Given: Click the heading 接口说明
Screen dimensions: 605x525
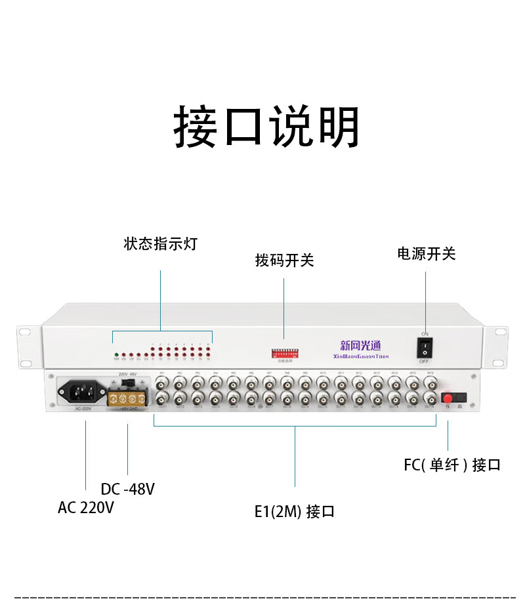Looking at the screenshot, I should (x=266, y=127).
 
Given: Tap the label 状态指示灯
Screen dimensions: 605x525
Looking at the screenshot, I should (x=160, y=244).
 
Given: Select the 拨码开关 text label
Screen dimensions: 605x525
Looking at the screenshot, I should (x=284, y=261).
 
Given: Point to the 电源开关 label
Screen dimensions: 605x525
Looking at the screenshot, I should (x=426, y=254).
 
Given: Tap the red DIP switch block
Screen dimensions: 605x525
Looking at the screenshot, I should (x=284, y=353).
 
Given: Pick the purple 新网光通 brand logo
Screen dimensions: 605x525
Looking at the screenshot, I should (x=360, y=344).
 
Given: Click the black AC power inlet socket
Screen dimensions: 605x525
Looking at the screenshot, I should (x=83, y=392).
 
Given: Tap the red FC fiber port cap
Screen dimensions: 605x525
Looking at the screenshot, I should (x=448, y=398).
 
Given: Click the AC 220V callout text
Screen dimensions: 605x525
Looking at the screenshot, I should (x=86, y=507).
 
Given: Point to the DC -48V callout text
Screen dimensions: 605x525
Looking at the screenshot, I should (x=128, y=489).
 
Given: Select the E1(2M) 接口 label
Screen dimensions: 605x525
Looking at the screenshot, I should (x=295, y=511).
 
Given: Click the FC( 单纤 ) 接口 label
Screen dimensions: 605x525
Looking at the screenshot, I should (x=452, y=465).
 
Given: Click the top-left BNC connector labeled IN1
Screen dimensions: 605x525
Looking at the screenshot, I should (x=160, y=381).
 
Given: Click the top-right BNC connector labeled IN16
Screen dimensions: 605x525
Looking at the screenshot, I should (x=430, y=381).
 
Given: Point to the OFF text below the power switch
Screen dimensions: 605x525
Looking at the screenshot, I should (x=425, y=362).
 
